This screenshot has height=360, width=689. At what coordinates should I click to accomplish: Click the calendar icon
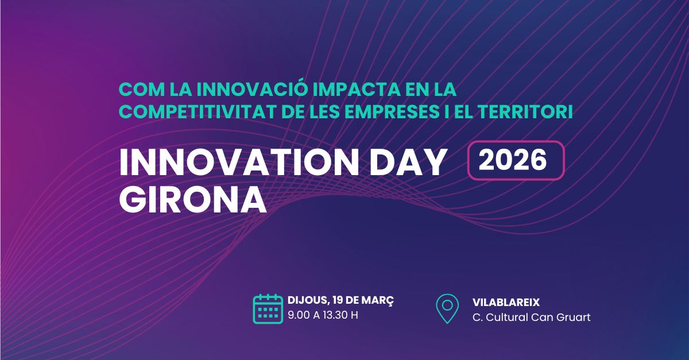click(268, 309)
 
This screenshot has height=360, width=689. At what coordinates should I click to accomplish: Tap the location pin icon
click(447, 309)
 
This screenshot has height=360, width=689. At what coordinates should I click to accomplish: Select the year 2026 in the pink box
click(513, 160)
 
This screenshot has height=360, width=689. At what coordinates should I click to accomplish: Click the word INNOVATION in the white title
click(239, 162)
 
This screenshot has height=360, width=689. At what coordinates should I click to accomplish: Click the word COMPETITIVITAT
click(197, 112)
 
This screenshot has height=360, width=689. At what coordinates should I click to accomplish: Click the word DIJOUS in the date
click(308, 300)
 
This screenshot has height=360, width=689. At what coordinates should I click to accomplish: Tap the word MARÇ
click(377, 300)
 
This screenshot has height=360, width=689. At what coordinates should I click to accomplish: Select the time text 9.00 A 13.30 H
click(323, 315)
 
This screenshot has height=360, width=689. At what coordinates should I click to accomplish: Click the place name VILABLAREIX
click(506, 303)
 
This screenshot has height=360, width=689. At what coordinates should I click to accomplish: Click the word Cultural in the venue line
click(507, 318)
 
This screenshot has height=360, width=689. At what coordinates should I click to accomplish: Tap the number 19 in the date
click(338, 300)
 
